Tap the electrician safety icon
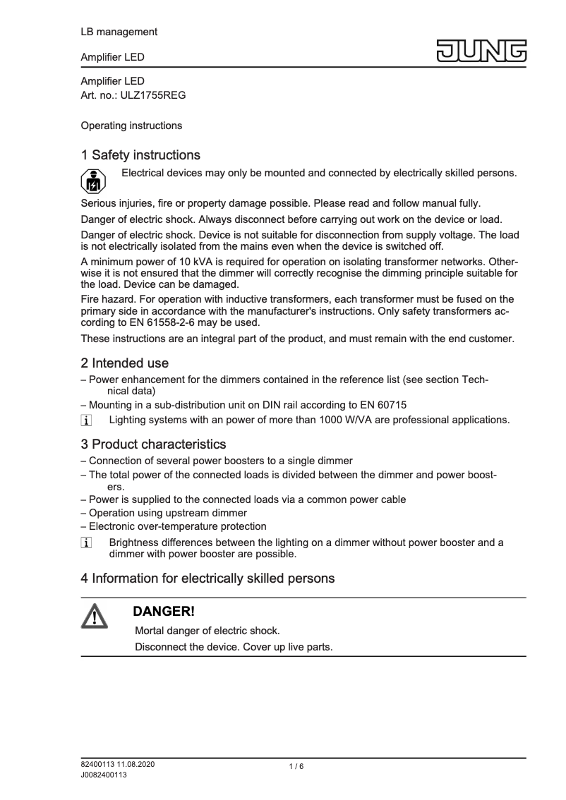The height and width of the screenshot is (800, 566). [x=92, y=181]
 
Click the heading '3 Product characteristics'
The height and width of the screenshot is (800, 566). [x=153, y=444]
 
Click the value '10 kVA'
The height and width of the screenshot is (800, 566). [x=182, y=259]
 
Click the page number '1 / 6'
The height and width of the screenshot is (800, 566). [x=296, y=767]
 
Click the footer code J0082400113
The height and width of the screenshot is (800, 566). [x=104, y=775]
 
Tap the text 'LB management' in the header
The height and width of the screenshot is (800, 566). [x=119, y=32]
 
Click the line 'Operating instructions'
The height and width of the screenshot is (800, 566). [x=131, y=126]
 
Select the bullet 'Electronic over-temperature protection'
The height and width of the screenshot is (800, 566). [x=177, y=526]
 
